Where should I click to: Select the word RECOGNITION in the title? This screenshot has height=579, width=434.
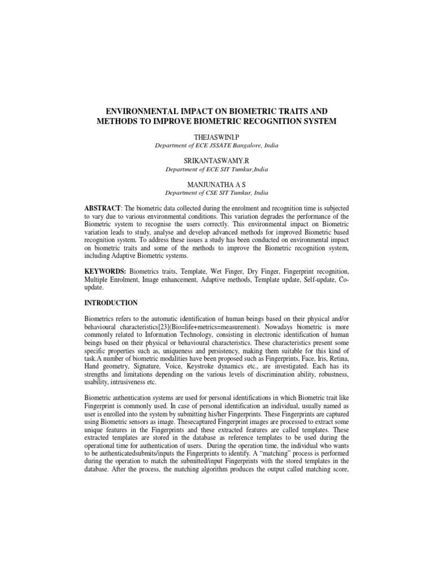[271, 121]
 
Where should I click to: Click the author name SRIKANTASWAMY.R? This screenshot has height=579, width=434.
[217, 161]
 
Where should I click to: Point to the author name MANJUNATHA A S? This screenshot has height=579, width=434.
[217, 184]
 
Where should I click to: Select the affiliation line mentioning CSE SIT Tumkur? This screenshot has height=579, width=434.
[217, 192]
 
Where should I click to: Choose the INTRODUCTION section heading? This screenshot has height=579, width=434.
[111, 303]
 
